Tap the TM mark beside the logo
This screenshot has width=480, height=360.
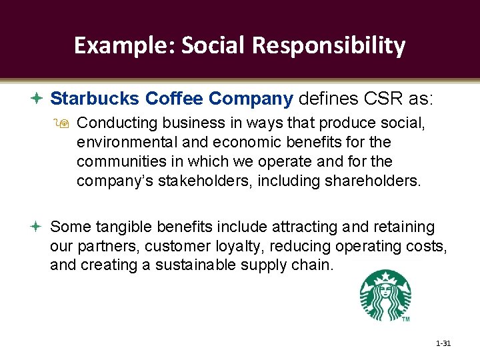pos(405,319)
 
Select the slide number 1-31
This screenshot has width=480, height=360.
pos(443,344)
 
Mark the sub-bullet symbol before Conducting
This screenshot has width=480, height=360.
pos(65,124)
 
